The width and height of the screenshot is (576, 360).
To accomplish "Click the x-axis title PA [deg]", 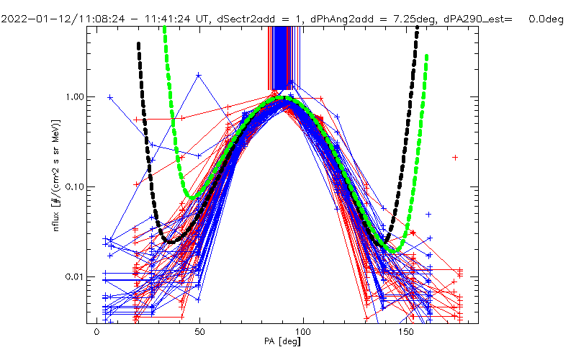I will tap(284, 348).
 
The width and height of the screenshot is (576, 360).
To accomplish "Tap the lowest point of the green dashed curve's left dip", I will tap(190, 197).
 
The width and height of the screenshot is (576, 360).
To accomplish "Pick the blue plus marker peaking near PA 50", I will tap(199, 75).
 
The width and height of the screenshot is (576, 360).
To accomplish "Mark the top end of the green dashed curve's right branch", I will tap(427, 55).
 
